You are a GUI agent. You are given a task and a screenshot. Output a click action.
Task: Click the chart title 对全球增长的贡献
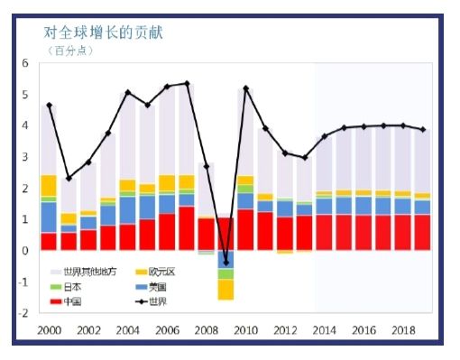coord(104,33)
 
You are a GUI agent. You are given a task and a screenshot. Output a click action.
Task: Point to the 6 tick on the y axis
coord(25,64)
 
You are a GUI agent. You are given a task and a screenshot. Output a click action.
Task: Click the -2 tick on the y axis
coord(24,312)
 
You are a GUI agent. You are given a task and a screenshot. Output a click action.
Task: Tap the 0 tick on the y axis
coord(25,250)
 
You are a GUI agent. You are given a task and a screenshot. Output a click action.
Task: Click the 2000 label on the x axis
coord(49,331)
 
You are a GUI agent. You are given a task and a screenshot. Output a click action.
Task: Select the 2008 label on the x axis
coord(206,331)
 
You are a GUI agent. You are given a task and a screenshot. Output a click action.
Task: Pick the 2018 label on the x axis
coord(403,331)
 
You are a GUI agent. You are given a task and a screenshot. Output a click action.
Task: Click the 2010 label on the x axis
coord(245,331)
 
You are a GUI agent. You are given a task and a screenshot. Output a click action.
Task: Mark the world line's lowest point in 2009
coord(225,263)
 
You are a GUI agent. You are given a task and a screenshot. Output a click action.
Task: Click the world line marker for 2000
coord(49,106)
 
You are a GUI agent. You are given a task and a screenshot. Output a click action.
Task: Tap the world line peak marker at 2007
coord(187,84)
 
